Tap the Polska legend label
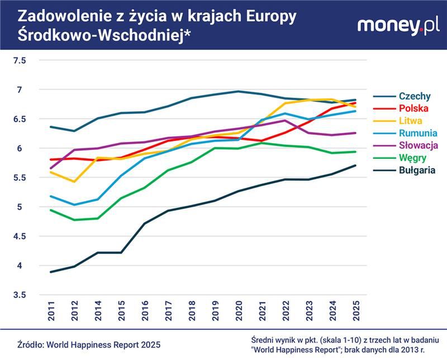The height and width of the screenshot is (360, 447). (x=413, y=108)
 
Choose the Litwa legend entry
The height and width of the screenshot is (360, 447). (x=411, y=121)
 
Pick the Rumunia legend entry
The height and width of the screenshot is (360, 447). (x=418, y=133)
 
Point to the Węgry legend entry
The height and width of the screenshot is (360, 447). (x=412, y=158)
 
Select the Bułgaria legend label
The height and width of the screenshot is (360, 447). (x=417, y=170)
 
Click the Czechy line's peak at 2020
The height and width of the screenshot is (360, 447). (x=238, y=91)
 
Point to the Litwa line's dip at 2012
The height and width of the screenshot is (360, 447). (x=74, y=182)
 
